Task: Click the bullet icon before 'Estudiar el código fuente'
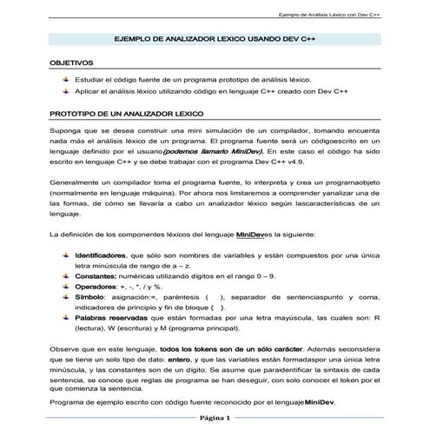pyautogui.click(x=65, y=78)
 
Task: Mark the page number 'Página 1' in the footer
pyautogui.click(x=214, y=417)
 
